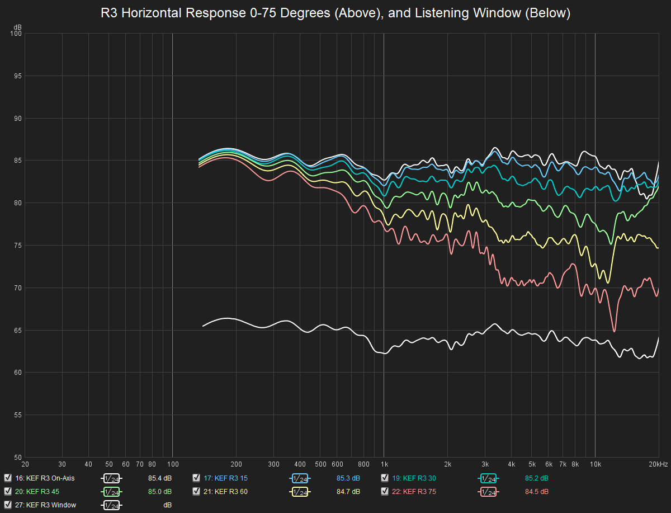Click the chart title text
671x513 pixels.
pos(335,13)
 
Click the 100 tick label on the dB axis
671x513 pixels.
pos(16,34)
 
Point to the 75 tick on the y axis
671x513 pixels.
pos(18,246)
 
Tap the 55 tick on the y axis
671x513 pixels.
pos(18,415)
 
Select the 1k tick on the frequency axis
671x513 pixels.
pos(384,464)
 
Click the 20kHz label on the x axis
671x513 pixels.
pos(658,464)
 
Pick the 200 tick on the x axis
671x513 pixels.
pos(237,464)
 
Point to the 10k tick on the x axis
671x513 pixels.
pos(595,464)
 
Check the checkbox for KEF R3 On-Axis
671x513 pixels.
pos(8,478)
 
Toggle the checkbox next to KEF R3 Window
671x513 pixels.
pos(8,505)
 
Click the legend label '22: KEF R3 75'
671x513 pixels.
pos(414,492)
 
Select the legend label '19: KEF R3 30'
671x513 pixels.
pos(414,478)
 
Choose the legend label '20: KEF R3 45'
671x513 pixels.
pos(37,492)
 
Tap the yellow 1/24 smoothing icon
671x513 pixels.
pos(300,492)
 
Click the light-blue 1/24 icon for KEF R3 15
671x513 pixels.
pos(300,478)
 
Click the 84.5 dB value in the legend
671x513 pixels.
pos(536,492)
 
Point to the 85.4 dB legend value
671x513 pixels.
pos(160,478)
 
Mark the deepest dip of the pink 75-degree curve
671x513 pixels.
pos(614,331)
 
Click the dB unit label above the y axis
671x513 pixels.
pos(18,27)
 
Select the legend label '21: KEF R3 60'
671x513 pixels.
pos(225,492)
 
